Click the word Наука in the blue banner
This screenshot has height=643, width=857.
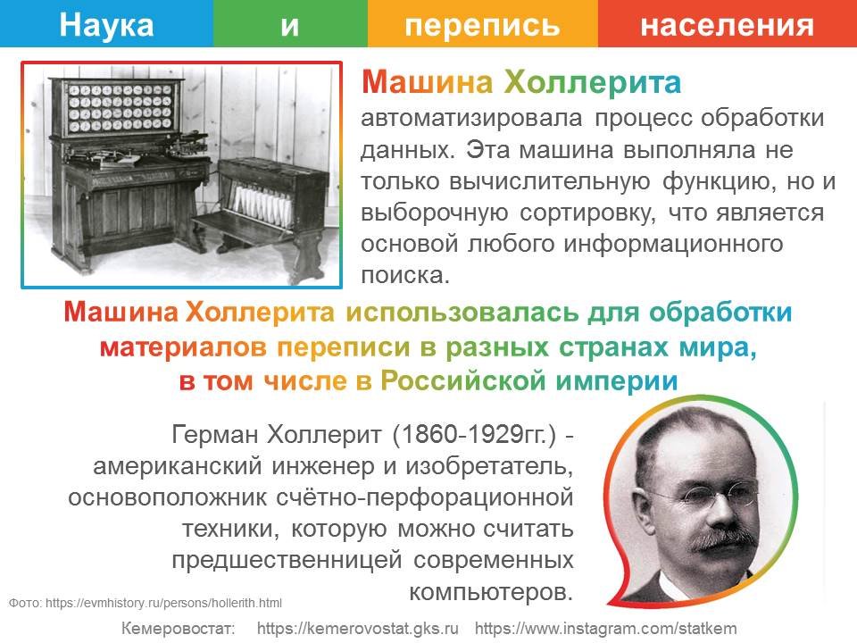pos(106,25)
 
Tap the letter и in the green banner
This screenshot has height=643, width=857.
pos(289,26)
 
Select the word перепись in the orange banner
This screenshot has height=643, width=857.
pos(483,26)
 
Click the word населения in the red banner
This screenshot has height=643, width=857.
pos(727,26)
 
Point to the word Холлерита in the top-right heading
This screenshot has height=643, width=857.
pos(592,82)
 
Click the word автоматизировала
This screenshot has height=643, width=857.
pos(471,118)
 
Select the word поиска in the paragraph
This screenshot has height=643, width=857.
pos(405,275)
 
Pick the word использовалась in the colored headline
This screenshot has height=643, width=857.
pos(462,313)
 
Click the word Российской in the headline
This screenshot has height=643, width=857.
pos(463,380)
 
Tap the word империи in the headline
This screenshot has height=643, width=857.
pos(617,381)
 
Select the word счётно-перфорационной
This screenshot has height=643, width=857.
pos(425,497)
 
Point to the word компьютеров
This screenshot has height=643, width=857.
pos(491,592)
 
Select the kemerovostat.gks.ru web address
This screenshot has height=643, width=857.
pos(357,628)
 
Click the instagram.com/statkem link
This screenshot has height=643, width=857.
pos(605,628)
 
